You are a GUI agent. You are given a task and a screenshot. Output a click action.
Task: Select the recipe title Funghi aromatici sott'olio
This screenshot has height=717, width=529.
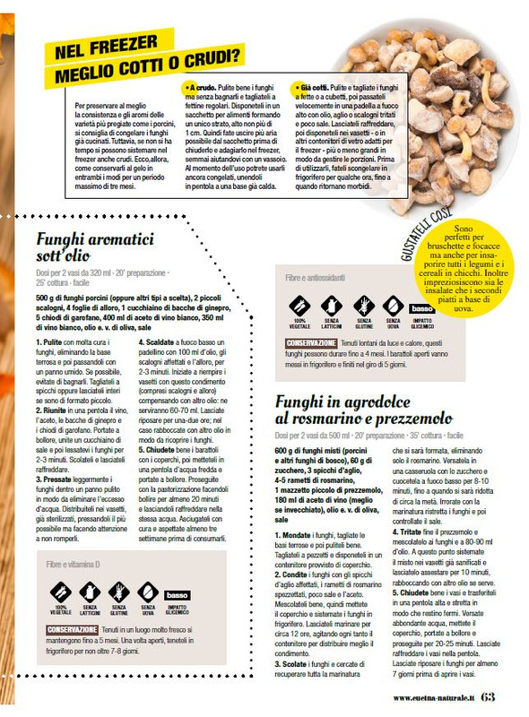click(95, 248)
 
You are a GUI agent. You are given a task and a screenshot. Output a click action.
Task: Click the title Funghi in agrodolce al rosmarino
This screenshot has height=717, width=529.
click(364, 410)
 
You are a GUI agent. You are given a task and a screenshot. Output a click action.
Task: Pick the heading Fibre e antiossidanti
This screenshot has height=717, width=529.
click(315, 279)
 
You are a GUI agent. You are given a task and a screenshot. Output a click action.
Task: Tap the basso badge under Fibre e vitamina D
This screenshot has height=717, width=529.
click(177, 595)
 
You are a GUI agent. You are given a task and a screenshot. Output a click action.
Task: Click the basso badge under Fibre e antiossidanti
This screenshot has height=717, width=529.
click(421, 309)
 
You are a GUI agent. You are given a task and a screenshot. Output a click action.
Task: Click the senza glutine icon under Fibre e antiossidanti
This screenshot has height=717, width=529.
click(363, 307)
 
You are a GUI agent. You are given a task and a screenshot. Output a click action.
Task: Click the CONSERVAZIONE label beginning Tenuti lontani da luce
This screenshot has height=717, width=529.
click(312, 343)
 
